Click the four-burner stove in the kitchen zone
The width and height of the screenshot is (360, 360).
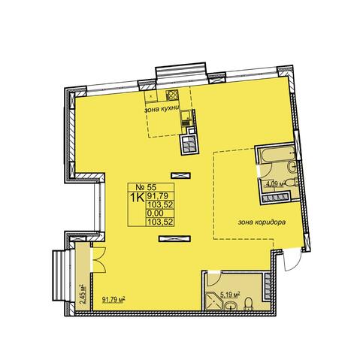(x=172, y=95)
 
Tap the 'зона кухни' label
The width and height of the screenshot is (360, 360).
(x=162, y=109)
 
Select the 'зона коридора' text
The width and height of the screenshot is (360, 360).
(x=262, y=222)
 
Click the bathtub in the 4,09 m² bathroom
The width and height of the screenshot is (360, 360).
(x=277, y=153)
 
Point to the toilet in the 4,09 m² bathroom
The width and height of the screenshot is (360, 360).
(x=292, y=182)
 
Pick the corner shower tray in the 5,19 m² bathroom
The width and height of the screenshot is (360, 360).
(x=214, y=301)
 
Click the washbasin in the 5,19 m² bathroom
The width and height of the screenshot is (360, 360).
(x=231, y=306)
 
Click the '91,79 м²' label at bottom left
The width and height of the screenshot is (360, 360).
(x=113, y=299)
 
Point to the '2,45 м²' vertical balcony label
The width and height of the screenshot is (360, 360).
(x=82, y=294)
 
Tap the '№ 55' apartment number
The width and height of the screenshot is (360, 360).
(x=146, y=187)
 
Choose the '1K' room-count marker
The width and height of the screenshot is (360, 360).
(x=137, y=198)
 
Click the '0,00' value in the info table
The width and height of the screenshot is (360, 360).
(x=156, y=213)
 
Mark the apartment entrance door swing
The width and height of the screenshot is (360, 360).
(x=292, y=260)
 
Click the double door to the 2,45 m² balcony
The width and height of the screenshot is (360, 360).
(x=98, y=259)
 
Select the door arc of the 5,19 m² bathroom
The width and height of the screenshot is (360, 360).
(x=214, y=279)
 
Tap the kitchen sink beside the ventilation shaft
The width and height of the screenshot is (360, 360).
(x=186, y=118)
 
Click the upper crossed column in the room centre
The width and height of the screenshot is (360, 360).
(x=180, y=175)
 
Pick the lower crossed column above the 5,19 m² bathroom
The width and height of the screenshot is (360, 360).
(x=174, y=239)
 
